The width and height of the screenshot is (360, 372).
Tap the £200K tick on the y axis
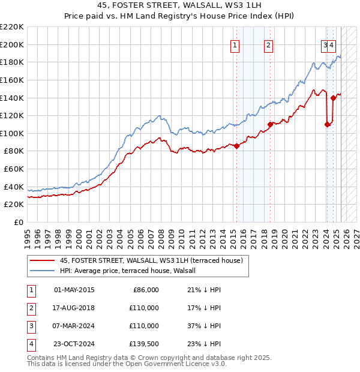coord(13,44)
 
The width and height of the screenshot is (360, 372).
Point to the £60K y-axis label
coord(15,169)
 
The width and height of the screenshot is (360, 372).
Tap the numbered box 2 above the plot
coord(268,44)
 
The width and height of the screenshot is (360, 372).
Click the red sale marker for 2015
coord(236,146)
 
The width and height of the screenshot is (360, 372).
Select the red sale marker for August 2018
coord(270,124)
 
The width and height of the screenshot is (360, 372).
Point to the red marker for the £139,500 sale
coord(333,98)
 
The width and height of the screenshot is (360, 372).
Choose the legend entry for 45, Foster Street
coord(151,260)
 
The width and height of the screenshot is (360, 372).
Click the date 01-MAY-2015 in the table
coord(74,290)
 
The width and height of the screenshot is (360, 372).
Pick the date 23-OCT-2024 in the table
coord(74,344)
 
